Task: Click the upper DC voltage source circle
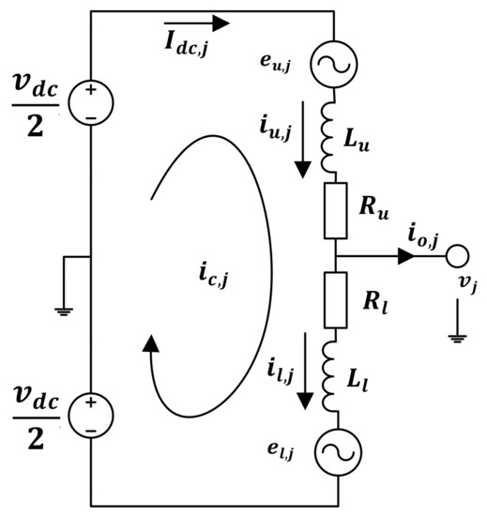(90, 102)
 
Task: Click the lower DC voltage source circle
(90, 414)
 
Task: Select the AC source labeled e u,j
(334, 64)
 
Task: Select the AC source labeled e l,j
(334, 453)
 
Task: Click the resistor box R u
(334, 211)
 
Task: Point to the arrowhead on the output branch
(405, 256)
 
